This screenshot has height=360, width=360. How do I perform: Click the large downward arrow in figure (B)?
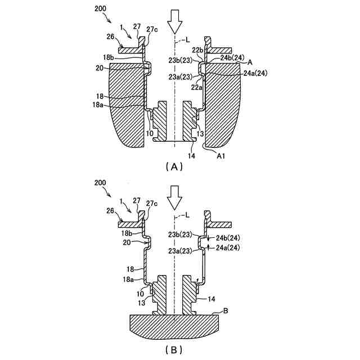(x=175, y=197)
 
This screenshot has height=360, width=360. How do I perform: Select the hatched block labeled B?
(x=174, y=326)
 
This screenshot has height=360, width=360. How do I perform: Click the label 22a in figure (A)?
(x=197, y=87)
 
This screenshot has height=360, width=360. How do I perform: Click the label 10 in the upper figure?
(x=150, y=133)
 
